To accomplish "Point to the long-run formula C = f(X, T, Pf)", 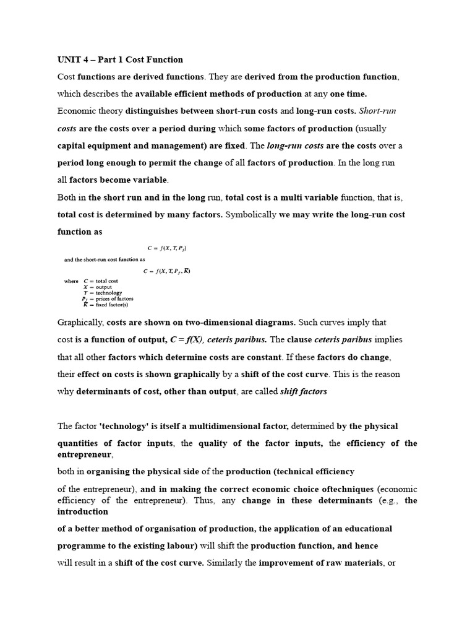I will [166, 248].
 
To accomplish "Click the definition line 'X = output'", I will [96, 287].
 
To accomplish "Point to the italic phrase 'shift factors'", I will [304, 391].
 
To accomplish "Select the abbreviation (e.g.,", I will [390, 500].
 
